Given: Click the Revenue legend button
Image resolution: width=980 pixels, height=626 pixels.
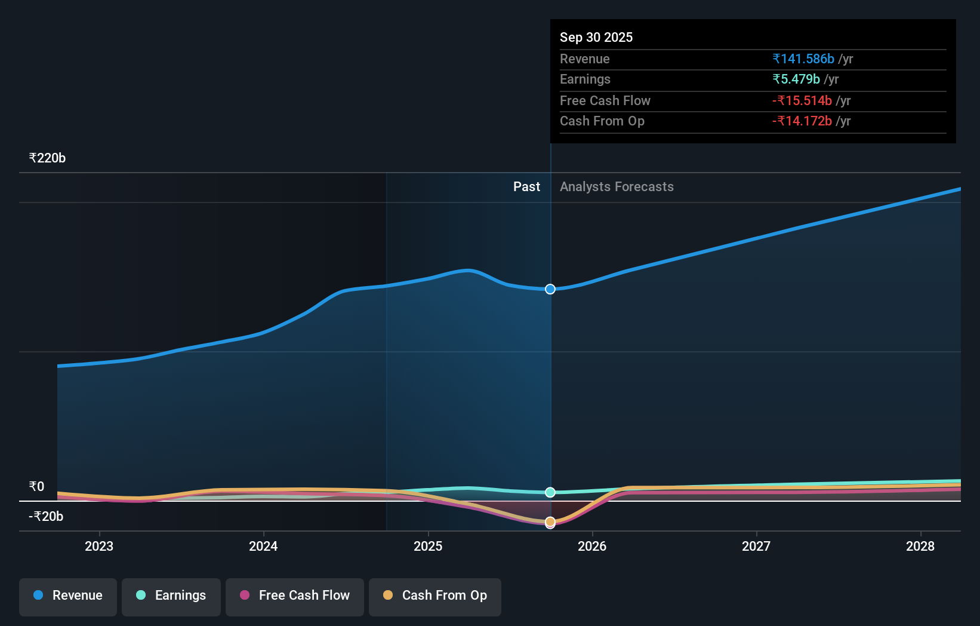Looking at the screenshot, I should point(68,596).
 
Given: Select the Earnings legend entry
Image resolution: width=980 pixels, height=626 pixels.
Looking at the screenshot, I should point(171,596).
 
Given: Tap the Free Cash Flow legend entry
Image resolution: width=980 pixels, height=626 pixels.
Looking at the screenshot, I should point(295,596).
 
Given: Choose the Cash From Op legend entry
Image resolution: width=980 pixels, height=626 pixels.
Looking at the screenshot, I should point(435,596).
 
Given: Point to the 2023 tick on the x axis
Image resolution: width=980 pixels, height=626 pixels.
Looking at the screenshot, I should point(99,546).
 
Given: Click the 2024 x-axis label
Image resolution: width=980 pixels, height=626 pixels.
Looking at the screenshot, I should point(263,546).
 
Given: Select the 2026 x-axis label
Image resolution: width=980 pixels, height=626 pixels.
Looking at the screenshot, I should point(592,546).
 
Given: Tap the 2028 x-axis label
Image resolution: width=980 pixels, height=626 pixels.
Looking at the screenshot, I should point(920,546).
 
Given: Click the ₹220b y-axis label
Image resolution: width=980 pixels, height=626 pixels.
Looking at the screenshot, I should point(47,158).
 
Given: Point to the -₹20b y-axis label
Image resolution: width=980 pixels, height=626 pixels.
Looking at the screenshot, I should point(46,517).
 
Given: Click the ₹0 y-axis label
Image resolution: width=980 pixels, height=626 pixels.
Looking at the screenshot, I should point(36,487).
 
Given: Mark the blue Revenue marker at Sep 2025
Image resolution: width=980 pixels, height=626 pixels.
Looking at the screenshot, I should point(550,289).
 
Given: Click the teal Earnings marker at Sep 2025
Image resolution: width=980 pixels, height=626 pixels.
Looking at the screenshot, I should point(550,492).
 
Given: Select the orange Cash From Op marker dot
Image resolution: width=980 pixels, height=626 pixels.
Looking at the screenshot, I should point(550,521).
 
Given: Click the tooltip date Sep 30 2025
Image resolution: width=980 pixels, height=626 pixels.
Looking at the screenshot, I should point(596,37).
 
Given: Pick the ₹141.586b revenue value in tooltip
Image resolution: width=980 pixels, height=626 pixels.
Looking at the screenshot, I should point(803,59).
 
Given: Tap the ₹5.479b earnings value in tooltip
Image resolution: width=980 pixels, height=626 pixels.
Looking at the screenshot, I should point(796,79).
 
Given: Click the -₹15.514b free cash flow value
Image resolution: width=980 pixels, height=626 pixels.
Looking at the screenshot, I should point(802,100).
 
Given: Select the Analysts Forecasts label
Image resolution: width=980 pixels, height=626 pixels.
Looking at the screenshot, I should point(617,187).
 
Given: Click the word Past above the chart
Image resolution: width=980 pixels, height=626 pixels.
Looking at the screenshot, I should point(526,187).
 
